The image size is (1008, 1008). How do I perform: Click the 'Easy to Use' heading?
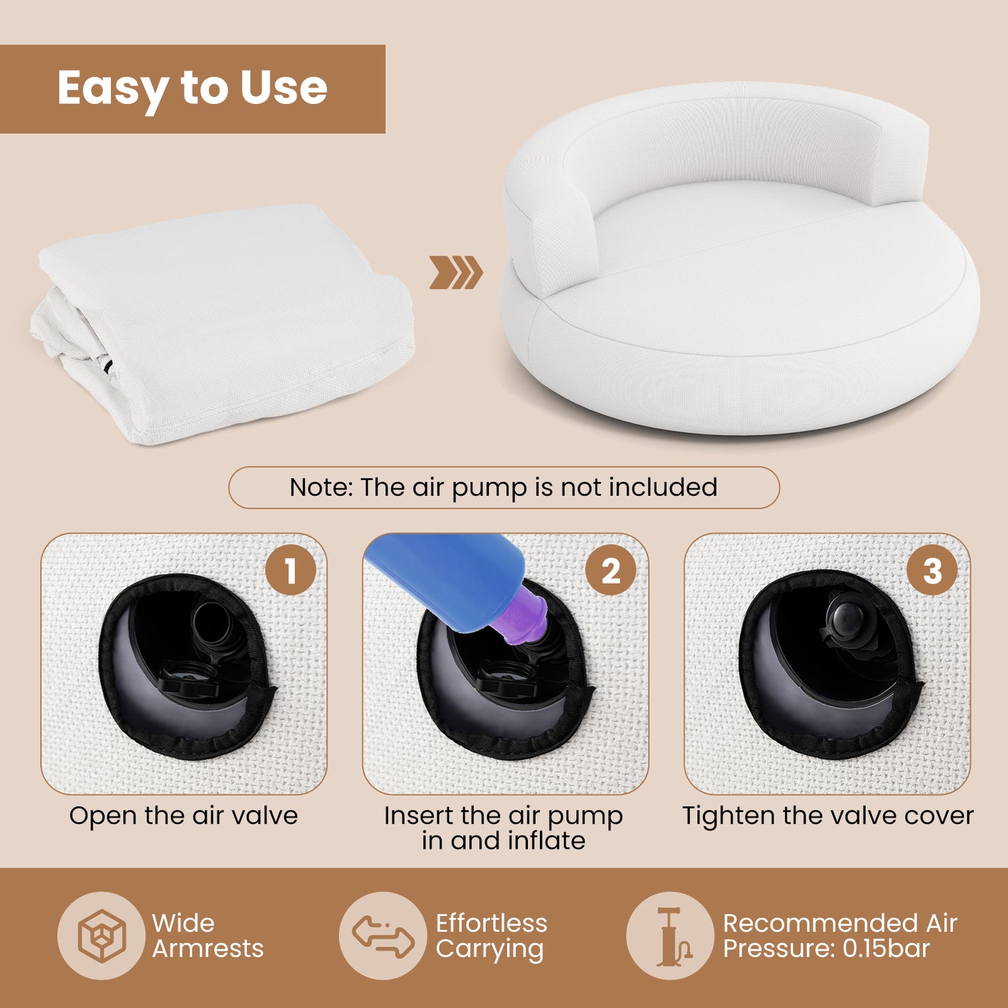tap(192, 89)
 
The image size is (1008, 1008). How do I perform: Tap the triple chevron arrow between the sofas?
tap(456, 272)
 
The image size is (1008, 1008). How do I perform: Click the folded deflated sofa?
tap(223, 321)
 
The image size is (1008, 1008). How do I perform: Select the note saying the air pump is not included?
tap(504, 487)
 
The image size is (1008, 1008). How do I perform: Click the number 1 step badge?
tap(290, 570)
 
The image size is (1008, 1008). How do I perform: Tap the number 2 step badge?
tap(611, 570)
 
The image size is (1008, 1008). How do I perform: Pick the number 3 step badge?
tap(932, 570)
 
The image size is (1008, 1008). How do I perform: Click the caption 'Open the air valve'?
tap(183, 815)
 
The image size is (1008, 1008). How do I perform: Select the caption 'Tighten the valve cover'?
tap(827, 815)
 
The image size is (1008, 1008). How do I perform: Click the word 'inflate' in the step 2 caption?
tap(546, 841)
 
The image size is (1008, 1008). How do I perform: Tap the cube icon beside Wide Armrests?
tap(101, 935)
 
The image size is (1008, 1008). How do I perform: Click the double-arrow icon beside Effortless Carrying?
tap(383, 935)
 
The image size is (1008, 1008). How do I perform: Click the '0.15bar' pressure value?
tap(887, 949)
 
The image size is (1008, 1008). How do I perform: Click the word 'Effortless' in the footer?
tap(491, 923)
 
